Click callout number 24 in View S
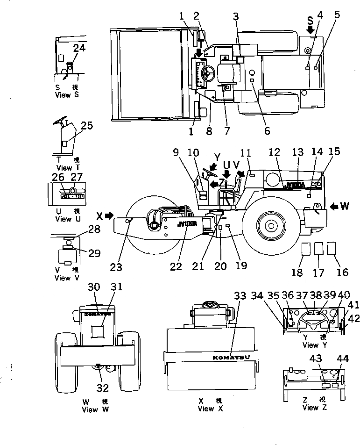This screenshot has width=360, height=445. (79, 47)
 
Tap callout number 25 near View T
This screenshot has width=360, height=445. (86, 125)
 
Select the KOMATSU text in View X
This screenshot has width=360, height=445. (231, 358)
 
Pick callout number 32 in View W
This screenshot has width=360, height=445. (102, 388)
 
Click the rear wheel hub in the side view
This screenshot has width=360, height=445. (270, 225)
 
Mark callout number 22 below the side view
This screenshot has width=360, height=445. (176, 266)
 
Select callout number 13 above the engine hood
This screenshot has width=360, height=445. (297, 152)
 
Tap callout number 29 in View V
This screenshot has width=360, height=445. (94, 253)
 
